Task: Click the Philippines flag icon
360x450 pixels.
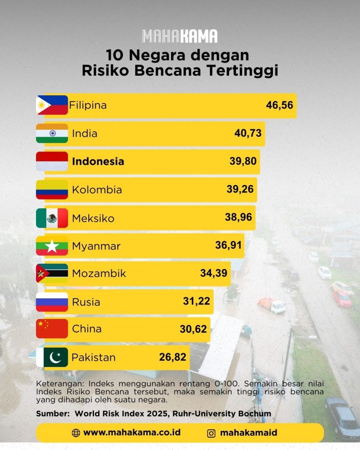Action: [x=52, y=105]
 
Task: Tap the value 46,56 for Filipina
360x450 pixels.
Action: [x=279, y=105]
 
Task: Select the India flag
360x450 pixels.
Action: [x=52, y=133]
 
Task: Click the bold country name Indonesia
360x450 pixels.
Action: [x=98, y=161]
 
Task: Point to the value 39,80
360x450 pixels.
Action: [x=243, y=161]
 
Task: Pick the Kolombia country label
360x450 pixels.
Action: [x=97, y=190]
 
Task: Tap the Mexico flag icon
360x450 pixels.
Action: [x=52, y=218]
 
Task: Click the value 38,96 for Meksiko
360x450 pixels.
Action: [x=238, y=217]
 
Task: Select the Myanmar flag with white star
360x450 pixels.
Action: [x=52, y=246]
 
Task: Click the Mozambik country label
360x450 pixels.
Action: [x=99, y=273]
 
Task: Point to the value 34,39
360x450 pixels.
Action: [x=214, y=273]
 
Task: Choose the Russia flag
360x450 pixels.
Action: [x=52, y=302]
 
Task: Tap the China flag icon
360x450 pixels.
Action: [x=52, y=329]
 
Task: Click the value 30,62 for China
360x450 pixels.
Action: [x=193, y=329]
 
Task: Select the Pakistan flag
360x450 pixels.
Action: [x=52, y=357]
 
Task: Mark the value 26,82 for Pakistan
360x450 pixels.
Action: [x=173, y=357]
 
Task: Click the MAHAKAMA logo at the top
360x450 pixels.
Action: [x=180, y=36]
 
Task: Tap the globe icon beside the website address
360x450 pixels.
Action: [x=76, y=433]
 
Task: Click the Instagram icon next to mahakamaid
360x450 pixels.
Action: [x=211, y=433]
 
